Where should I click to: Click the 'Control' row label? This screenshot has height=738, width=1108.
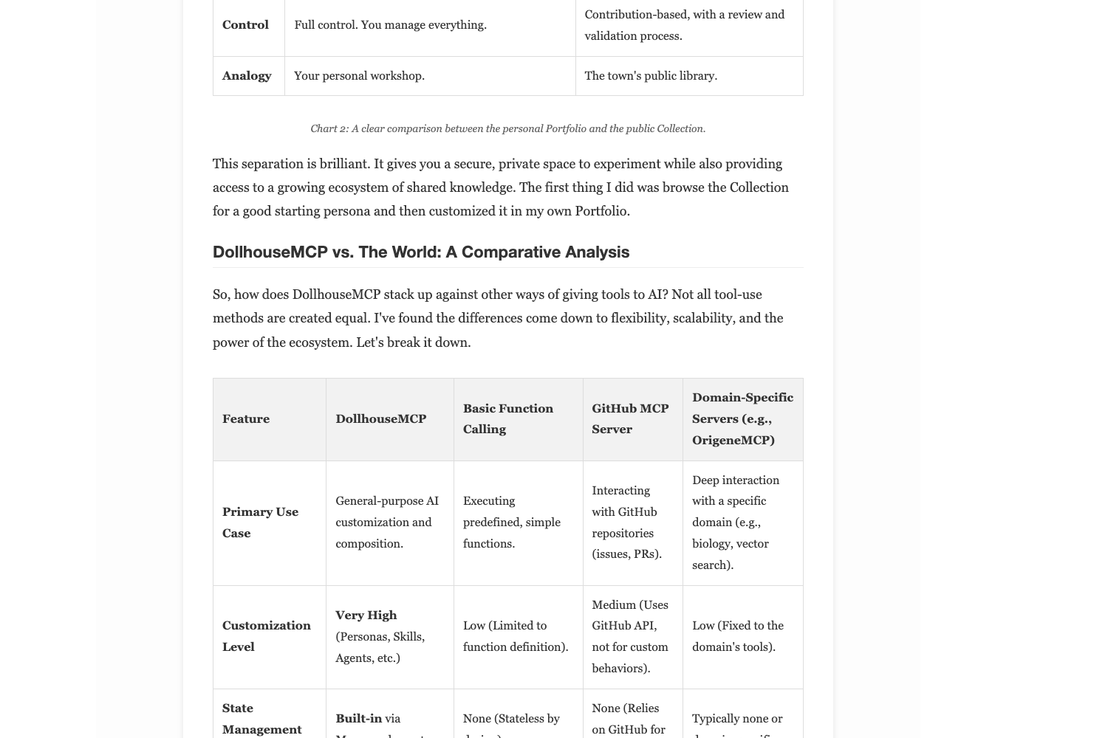tap(245, 24)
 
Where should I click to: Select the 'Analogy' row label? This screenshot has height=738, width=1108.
tap(247, 75)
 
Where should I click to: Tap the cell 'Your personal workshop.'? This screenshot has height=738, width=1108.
tap(359, 75)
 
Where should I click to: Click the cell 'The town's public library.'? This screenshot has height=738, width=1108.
tap(651, 75)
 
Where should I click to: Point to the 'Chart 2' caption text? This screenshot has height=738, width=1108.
tap(507, 128)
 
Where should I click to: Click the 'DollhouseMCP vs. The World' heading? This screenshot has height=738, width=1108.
tap(421, 252)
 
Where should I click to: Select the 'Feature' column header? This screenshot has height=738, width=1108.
tap(246, 418)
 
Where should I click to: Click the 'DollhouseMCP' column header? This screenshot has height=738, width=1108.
tap(380, 418)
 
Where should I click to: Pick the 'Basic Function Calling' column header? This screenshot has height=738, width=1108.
tap(508, 418)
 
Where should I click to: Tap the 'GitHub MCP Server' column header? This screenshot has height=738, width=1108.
tap(630, 418)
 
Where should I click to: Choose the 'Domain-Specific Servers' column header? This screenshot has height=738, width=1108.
tap(742, 418)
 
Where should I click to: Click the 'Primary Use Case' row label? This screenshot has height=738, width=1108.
tap(260, 522)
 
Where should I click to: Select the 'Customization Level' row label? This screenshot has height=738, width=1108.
tap(266, 635)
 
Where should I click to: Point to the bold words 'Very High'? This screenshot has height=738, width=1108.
tap(366, 615)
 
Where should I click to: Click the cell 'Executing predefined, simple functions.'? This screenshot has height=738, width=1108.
tap(511, 522)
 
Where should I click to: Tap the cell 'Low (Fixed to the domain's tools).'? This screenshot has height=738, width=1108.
tap(737, 635)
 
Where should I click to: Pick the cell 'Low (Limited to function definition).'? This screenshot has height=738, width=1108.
tap(516, 635)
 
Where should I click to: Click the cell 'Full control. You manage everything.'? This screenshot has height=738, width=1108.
tap(390, 24)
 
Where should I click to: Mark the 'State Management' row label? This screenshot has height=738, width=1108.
tap(261, 718)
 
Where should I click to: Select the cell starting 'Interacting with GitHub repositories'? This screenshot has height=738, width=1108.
tap(626, 522)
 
